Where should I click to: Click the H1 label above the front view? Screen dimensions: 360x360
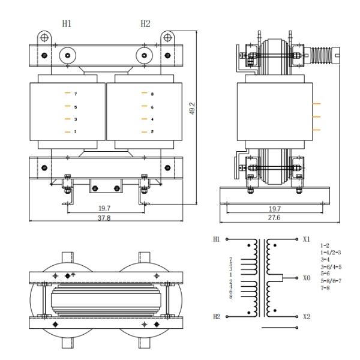pyautogui.click(x=67, y=23)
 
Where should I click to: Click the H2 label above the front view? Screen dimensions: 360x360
pyautogui.click(x=145, y=23)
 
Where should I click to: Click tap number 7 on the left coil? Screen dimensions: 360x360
pyautogui.click(x=76, y=94)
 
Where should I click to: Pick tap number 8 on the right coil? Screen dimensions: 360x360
pyautogui.click(x=152, y=94)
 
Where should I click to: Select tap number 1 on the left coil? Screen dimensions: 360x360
pyautogui.click(x=75, y=131)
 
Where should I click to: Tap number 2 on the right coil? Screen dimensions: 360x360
pyautogui.click(x=152, y=131)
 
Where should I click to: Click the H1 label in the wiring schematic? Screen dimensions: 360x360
pyautogui.click(x=218, y=239)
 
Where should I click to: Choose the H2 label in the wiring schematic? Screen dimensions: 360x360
pyautogui.click(x=218, y=316)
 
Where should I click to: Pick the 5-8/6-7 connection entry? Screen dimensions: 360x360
pyautogui.click(x=331, y=280)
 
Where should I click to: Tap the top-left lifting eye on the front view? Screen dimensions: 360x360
pyautogui.click(x=43, y=37)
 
